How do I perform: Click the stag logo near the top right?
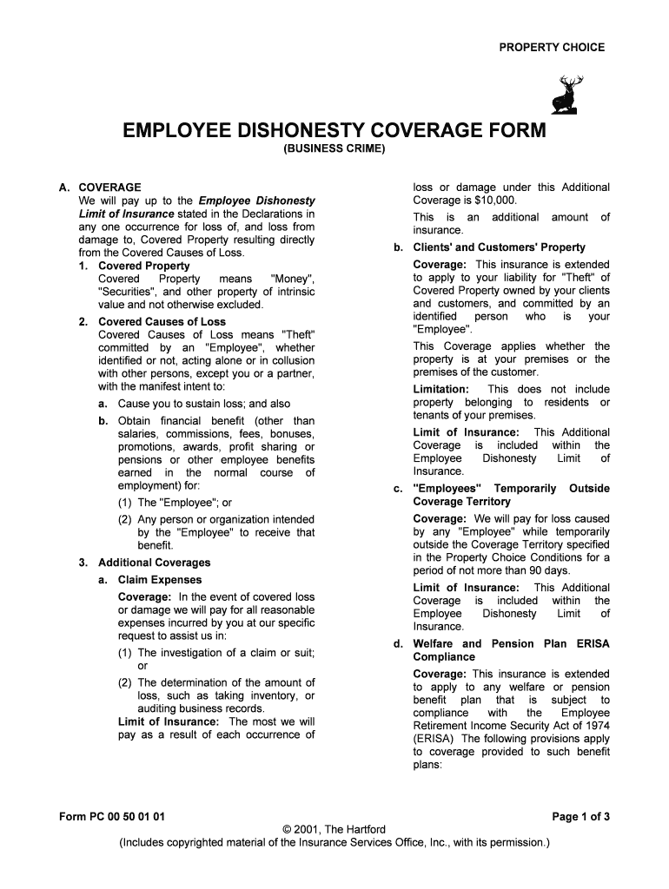(568, 95)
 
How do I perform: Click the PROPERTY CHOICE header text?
(551, 48)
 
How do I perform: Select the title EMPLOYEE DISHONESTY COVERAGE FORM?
(334, 131)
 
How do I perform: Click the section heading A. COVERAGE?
(100, 188)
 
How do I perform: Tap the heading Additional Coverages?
(154, 563)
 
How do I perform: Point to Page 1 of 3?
(581, 816)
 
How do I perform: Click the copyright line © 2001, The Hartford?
(334, 829)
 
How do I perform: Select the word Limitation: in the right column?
(440, 390)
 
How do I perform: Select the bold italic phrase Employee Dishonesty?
(257, 201)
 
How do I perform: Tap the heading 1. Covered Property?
(144, 266)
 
